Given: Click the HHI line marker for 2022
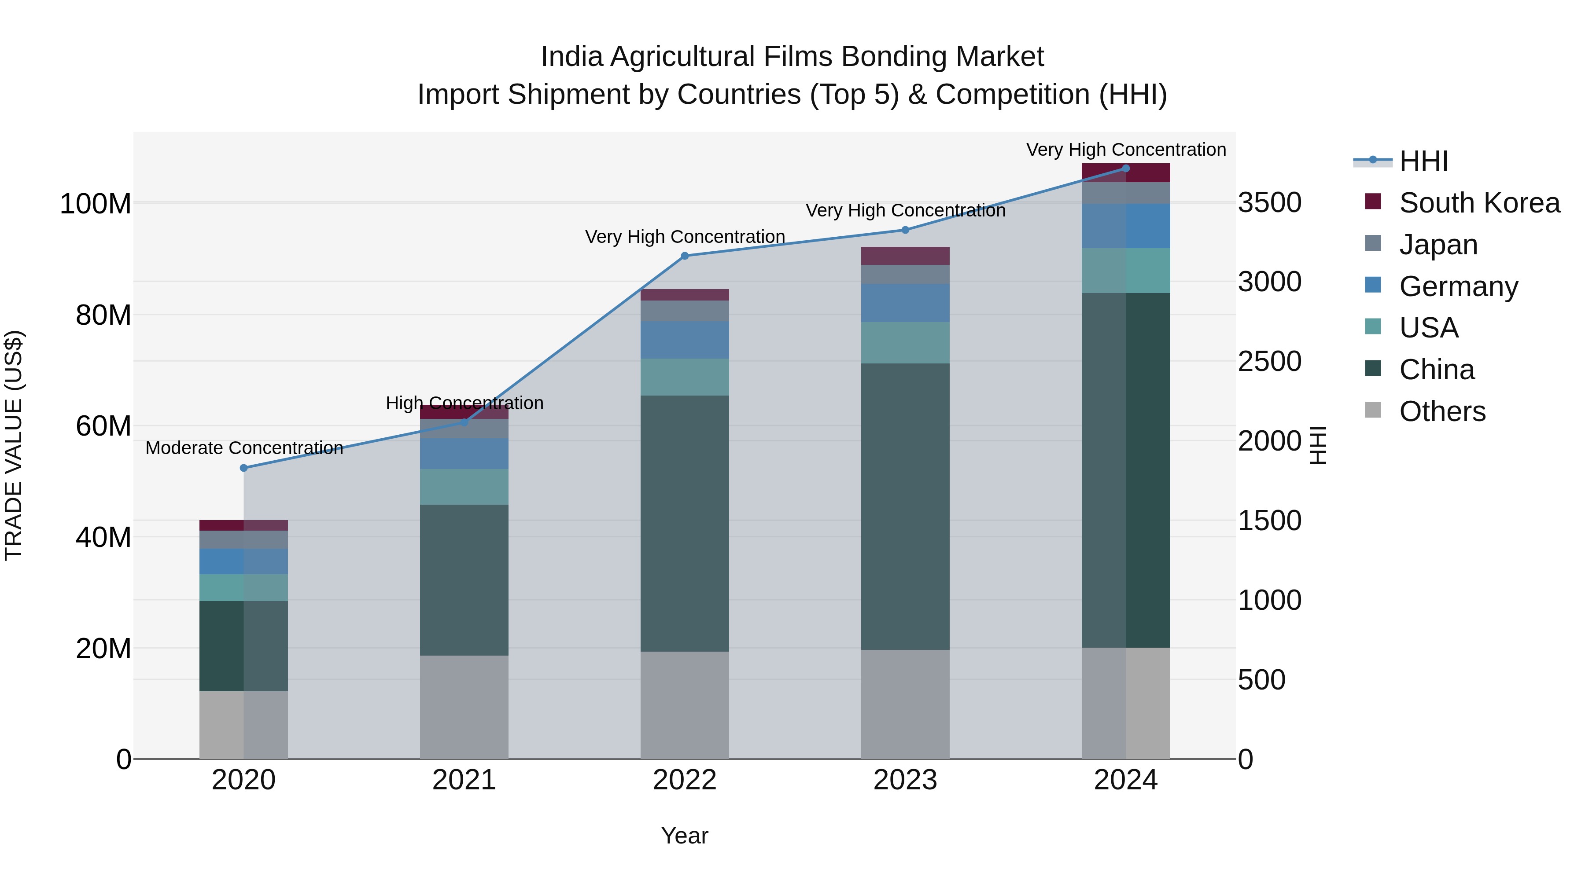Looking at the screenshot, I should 685,256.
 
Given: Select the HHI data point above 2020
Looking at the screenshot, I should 243,468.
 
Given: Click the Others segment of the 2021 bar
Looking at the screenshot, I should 464,707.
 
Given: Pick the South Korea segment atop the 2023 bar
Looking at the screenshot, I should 905,256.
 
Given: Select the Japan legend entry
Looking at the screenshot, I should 1438,245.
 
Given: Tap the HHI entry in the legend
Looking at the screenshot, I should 1423,161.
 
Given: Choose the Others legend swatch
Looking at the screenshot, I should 1373,410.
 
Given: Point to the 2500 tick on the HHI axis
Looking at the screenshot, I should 1269,362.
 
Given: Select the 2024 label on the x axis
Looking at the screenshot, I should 1125,780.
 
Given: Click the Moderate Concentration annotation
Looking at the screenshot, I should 244,447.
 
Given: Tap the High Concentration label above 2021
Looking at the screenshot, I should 464,403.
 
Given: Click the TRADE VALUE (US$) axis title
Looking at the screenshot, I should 14,445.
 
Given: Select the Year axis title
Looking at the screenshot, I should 684,836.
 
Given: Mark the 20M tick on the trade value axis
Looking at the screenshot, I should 103,649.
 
